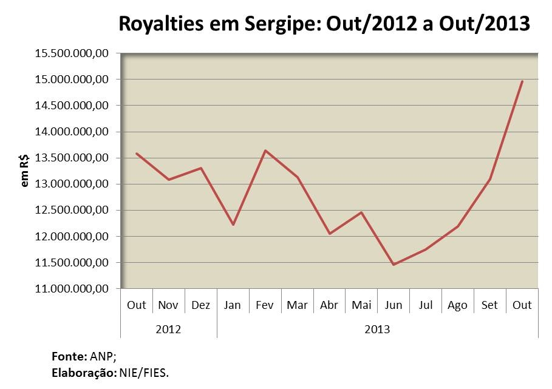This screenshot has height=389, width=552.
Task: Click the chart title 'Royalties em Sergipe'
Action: [x=324, y=25]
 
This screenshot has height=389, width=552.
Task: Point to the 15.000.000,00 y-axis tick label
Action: [x=72, y=79]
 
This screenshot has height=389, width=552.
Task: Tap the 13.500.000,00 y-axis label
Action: [x=72, y=158]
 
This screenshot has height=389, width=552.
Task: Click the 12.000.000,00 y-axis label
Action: [x=72, y=236]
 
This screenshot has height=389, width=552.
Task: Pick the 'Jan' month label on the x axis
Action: [x=233, y=305]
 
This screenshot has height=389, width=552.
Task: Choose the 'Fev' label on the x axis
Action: [x=265, y=305]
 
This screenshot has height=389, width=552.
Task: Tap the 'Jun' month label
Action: [x=394, y=305]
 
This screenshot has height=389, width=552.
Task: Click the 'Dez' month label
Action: [x=200, y=305]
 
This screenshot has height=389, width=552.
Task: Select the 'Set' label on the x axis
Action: [x=489, y=305]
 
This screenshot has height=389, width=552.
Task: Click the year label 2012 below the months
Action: [x=168, y=330]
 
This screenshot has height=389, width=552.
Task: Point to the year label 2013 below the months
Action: [x=377, y=330]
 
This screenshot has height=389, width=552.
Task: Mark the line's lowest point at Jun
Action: [x=394, y=265]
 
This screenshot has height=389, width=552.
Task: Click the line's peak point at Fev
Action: [x=265, y=151]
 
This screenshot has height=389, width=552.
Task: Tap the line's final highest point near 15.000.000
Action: [x=522, y=81]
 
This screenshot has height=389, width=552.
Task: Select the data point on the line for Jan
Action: [x=233, y=225]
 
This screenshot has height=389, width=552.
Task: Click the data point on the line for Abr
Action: [x=329, y=234]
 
